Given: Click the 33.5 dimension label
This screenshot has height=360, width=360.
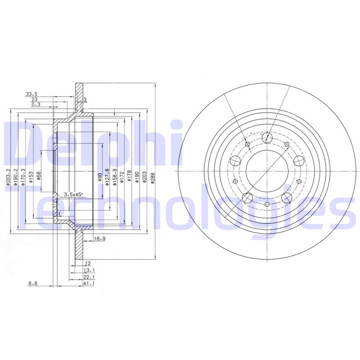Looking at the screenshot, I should pyautogui.click(x=31, y=94).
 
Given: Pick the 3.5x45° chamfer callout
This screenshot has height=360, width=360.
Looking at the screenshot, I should pyautogui.click(x=73, y=194).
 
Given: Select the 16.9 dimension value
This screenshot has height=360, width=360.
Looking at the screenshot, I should pyautogui.click(x=99, y=239).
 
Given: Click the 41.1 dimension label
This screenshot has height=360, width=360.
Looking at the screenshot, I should pyautogui.click(x=89, y=284).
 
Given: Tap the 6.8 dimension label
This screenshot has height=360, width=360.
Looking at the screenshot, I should pyautogui.click(x=33, y=284).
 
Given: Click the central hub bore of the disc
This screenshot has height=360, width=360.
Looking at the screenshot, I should pyautogui.click(x=267, y=171).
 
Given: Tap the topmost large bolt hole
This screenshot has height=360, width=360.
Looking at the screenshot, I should pyautogui.click(x=267, y=137).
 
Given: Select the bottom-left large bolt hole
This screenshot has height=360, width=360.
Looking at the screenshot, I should pyautogui.click(x=247, y=198).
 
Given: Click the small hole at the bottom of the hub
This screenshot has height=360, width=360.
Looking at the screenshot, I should pyautogui.click(x=267, y=205).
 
